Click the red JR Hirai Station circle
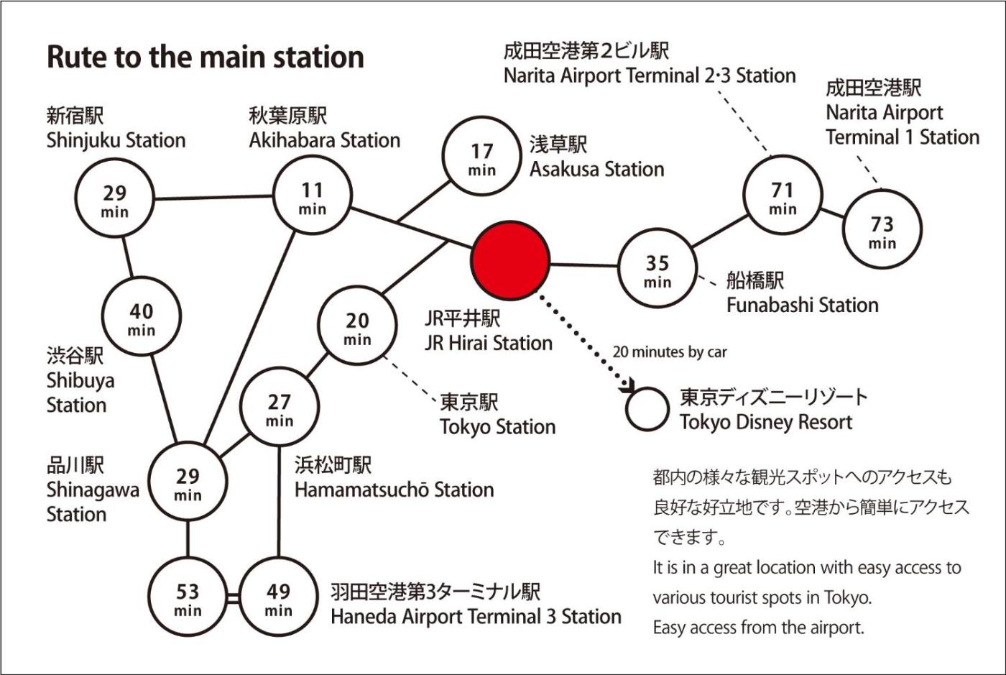pos(510,261)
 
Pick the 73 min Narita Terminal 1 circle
pos(882,229)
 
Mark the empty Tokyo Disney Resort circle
pos(647,409)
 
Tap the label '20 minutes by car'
pos(669,352)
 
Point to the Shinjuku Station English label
pos(116,140)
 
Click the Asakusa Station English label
pos(596,170)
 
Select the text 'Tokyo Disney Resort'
pos(766,422)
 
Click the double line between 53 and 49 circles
pos(233,598)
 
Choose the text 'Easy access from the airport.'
pos(758,628)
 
